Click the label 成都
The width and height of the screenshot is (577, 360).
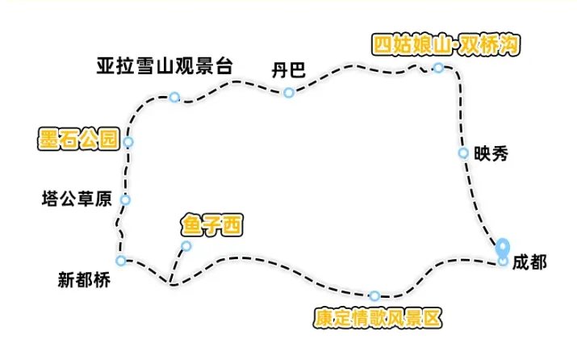(x=529, y=262)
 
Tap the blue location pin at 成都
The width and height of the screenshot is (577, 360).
(x=503, y=248)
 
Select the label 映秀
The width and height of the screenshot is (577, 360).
(x=491, y=153)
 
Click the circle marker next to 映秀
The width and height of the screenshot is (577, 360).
(x=463, y=153)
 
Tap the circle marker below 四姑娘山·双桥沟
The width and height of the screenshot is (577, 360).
(x=438, y=68)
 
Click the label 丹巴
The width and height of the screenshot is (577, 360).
(x=288, y=70)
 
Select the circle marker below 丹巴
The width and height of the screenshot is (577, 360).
(x=288, y=93)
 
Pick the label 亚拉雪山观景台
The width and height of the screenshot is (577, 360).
(x=164, y=65)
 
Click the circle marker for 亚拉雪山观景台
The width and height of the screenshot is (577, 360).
(x=174, y=98)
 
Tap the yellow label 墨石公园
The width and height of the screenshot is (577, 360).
(x=78, y=138)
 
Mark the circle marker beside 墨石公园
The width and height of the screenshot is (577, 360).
(x=128, y=143)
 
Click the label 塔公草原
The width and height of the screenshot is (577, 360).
(x=77, y=198)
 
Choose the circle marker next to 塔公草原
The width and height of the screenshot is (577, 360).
(x=124, y=199)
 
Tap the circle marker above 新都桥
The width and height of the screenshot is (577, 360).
(x=121, y=260)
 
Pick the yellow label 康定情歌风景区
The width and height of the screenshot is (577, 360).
(x=378, y=317)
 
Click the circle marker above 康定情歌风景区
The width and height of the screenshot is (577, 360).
(x=374, y=295)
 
